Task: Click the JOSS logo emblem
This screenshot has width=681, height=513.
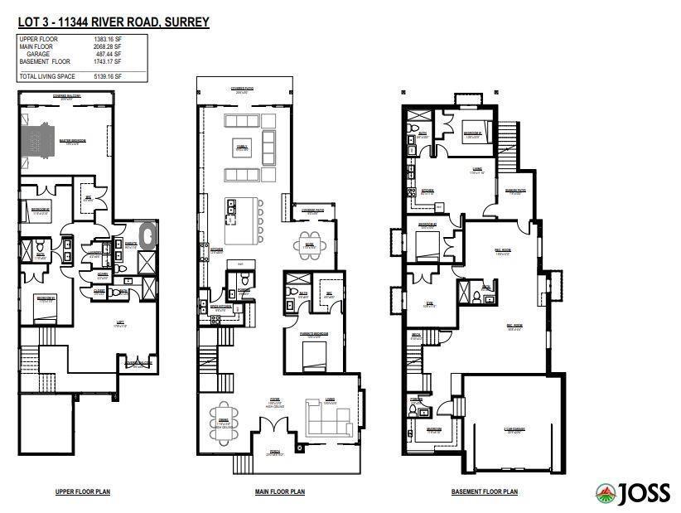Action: point(606,493)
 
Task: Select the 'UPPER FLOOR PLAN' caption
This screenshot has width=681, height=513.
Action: point(82,491)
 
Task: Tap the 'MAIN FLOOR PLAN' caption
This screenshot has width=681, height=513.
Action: point(279,491)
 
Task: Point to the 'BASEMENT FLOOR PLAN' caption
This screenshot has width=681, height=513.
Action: point(485,491)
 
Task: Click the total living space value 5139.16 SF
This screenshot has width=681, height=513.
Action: point(107,76)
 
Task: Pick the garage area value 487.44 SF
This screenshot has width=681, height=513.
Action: point(109,54)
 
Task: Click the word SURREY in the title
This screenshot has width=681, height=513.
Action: point(185,22)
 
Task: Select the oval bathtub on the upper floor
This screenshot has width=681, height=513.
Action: point(149,235)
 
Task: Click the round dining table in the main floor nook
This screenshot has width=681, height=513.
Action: point(309,246)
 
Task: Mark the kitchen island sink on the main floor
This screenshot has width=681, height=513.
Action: point(230,208)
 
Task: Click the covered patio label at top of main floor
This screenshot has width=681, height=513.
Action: point(241,86)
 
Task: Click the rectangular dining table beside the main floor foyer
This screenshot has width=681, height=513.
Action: point(223,420)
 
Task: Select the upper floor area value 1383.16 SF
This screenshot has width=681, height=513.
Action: point(107,39)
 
